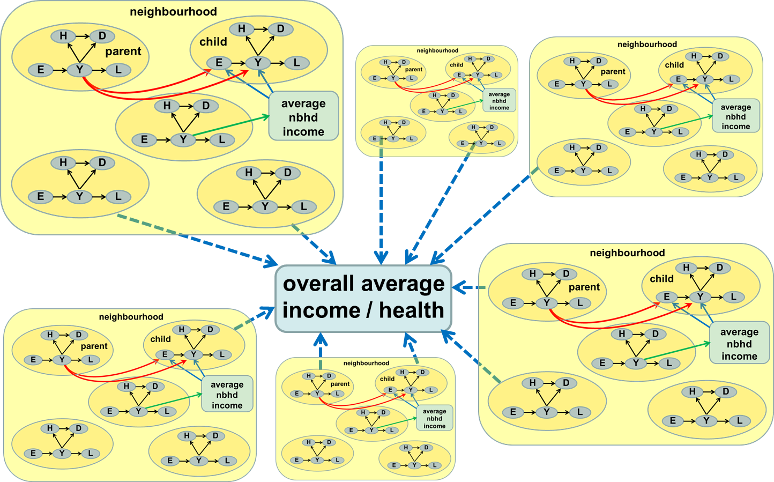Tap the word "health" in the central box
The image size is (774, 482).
(412, 310)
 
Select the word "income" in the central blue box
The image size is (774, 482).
(321, 310)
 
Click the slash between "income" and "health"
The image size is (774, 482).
(367, 310)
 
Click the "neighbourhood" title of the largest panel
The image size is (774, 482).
(173, 12)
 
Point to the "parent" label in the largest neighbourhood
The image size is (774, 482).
(123, 51)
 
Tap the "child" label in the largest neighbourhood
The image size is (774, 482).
(213, 42)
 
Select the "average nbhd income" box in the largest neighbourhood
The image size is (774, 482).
(303, 117)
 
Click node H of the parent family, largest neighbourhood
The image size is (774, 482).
(63, 36)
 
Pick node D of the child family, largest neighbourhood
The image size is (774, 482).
(280, 28)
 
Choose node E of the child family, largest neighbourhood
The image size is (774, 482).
(219, 63)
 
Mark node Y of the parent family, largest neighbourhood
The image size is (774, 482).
(79, 69)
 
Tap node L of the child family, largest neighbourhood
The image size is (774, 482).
(296, 63)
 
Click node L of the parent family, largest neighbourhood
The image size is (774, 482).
(118, 69)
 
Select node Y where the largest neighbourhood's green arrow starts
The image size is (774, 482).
(183, 139)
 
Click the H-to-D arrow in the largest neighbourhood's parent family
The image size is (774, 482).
(83, 36)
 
